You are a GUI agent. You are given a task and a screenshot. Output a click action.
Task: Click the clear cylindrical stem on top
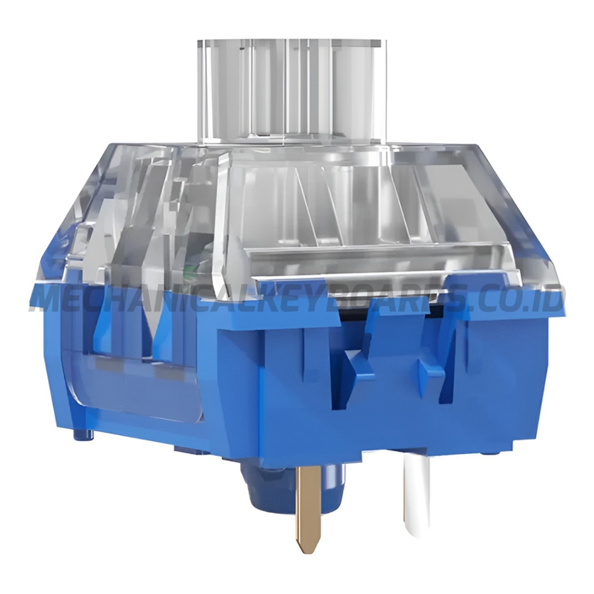click(290, 93)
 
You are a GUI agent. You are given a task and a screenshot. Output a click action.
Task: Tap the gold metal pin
click(309, 505)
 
